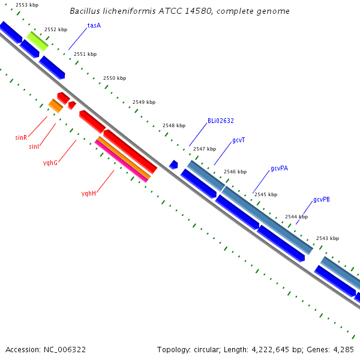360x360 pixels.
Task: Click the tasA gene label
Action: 94,25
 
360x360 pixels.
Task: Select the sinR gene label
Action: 21,137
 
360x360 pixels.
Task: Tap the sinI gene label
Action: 34,146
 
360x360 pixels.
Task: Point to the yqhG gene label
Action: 50,163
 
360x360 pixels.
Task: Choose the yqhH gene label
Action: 89,193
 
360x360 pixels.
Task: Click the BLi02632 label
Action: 221,121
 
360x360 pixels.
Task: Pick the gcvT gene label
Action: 239,140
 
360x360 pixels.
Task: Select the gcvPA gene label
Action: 279,168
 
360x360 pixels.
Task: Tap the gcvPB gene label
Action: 322,199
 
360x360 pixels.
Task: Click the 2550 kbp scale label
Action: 115,78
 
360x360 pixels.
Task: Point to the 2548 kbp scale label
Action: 174,125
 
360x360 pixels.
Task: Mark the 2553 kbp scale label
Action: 27,5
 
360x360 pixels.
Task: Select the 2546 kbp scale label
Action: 235,172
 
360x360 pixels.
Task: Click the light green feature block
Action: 37,41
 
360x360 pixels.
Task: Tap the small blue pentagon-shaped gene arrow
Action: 173,164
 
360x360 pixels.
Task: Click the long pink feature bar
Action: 121,161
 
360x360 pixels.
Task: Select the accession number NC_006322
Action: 65,350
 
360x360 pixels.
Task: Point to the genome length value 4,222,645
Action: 270,350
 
